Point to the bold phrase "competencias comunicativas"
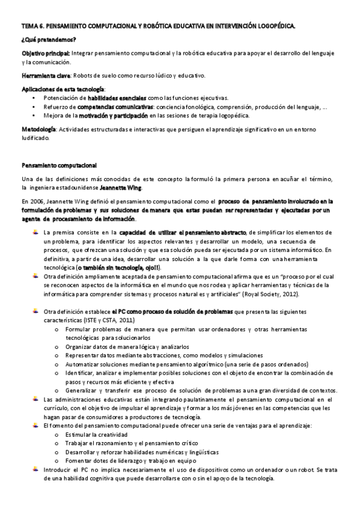(121, 106)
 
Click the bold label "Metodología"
(40, 129)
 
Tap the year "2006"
(36, 201)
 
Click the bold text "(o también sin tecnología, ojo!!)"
(109, 266)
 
